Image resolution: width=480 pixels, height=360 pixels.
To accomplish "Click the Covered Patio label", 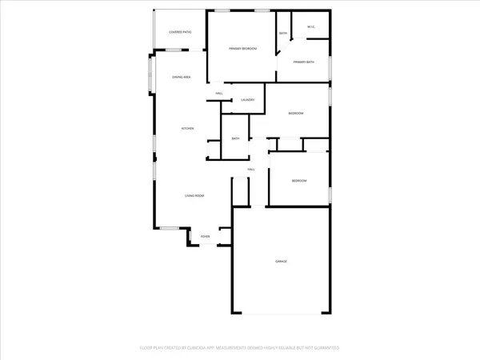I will click(180, 32).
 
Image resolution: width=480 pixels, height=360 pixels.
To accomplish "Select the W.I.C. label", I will click(312, 27).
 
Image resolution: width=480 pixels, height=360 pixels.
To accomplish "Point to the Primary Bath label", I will click(304, 62).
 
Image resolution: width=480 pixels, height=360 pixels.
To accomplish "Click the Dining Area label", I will click(182, 77).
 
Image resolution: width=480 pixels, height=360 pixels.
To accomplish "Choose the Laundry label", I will click(248, 100).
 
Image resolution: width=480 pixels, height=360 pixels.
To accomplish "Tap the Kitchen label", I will click(188, 129).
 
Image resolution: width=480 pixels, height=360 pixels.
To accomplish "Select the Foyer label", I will click(206, 237).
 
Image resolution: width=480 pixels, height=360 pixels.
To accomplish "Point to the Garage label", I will click(282, 262).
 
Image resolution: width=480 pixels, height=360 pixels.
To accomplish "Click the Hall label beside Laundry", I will click(218, 94).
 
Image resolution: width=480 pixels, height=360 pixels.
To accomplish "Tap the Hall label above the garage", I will click(250, 170).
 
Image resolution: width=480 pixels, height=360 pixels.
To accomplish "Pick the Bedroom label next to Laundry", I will click(296, 114).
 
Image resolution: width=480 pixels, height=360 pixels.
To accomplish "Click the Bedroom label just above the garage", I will click(298, 181).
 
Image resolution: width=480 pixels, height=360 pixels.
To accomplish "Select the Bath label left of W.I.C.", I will click(283, 33).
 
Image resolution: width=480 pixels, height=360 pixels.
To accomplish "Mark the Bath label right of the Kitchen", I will click(236, 138).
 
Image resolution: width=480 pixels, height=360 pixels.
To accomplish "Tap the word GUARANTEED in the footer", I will click(325, 349).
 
